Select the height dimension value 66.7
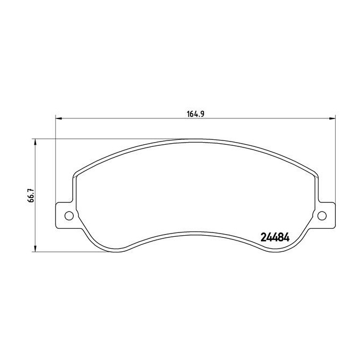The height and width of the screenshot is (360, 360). pyautogui.click(x=32, y=195)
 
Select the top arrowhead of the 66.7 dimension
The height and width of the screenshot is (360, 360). pyautogui.click(x=36, y=141)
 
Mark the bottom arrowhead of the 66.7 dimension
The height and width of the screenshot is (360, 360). pyautogui.click(x=36, y=250)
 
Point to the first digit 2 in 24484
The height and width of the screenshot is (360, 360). pyautogui.click(x=264, y=237)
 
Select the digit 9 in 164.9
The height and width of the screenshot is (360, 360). pyautogui.click(x=206, y=113)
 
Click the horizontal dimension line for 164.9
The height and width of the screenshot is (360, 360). pyautogui.click(x=135, y=118)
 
